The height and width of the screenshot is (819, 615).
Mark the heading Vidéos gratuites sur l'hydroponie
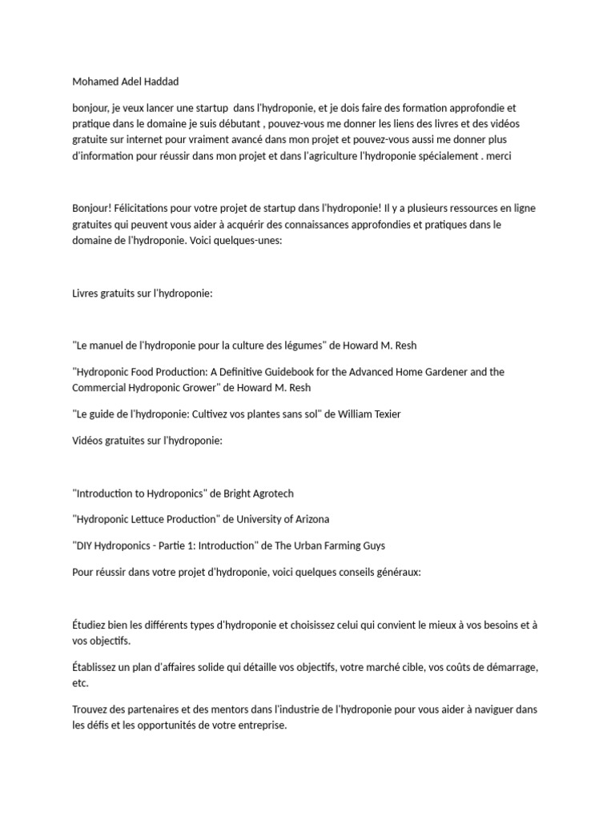pos(147,441)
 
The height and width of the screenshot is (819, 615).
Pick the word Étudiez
pos(92,624)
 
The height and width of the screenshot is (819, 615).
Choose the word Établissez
pos(98,666)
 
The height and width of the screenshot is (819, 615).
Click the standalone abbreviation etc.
pos(80,684)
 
